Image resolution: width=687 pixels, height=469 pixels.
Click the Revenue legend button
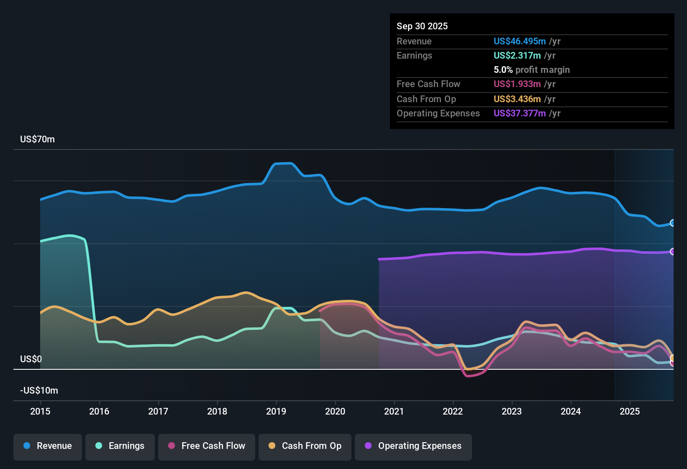[x=48, y=446]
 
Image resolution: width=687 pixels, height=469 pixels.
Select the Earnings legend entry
[x=120, y=446]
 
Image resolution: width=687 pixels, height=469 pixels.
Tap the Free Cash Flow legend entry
[x=207, y=446]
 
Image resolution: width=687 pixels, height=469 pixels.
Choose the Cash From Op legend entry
[x=305, y=446]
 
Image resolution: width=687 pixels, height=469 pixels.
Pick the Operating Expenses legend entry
[x=413, y=446]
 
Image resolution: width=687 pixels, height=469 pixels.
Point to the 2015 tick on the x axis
[x=40, y=411]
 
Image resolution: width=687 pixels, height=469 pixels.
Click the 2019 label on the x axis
[x=276, y=411]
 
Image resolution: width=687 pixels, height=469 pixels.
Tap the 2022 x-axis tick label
[x=453, y=411]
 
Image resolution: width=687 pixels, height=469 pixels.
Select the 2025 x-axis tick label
[x=630, y=411]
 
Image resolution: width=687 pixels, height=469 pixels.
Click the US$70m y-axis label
[x=37, y=139]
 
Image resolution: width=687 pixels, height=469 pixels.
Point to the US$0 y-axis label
[x=31, y=359]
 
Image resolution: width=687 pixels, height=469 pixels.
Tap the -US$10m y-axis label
[x=39, y=391]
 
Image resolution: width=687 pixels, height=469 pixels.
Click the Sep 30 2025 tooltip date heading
[x=422, y=26]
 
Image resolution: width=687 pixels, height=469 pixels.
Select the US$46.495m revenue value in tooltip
[x=520, y=41]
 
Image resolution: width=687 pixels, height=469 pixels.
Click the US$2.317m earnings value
[x=517, y=55]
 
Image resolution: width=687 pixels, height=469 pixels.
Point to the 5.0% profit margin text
[x=531, y=70]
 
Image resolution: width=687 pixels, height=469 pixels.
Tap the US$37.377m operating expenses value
[x=520, y=113]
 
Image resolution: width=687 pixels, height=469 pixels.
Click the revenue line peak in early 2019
[x=284, y=163]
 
